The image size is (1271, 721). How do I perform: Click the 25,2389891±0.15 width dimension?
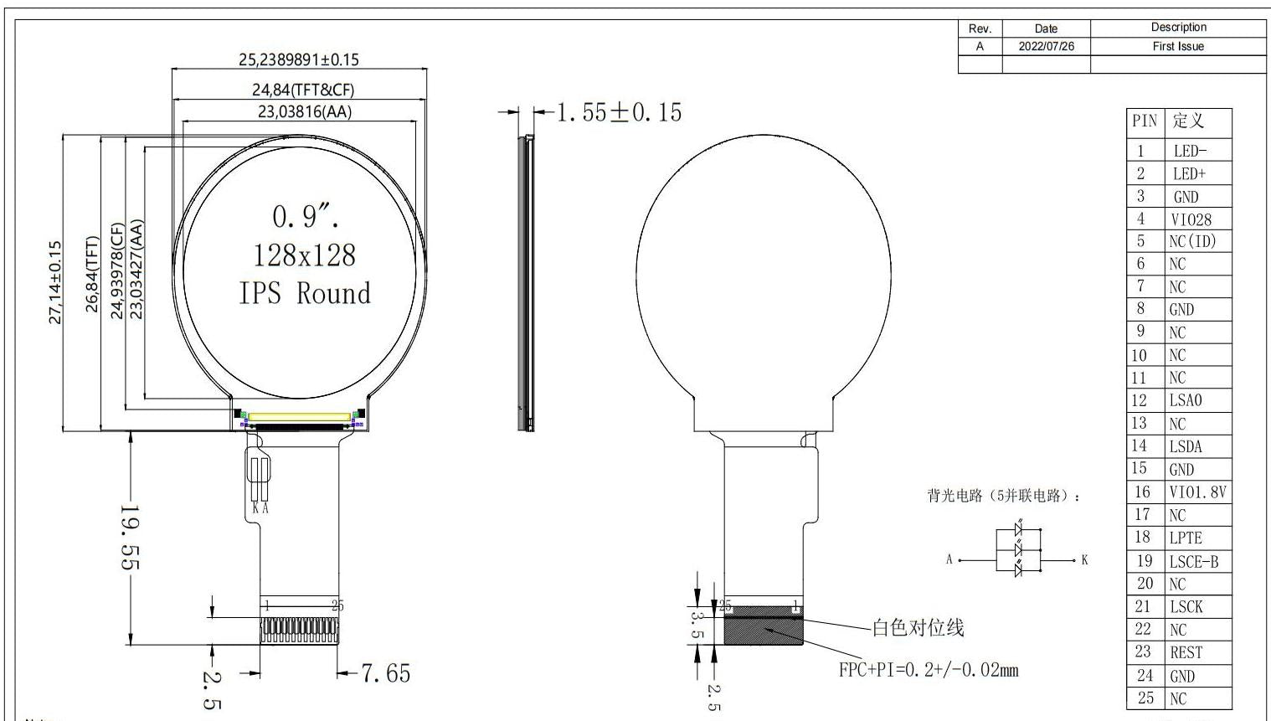[298, 59]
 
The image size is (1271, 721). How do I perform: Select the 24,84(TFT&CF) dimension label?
[303, 90]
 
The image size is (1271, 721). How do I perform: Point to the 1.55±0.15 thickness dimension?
[619, 112]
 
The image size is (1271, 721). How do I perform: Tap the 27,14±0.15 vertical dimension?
[55, 282]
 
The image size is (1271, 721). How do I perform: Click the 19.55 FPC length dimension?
[131, 537]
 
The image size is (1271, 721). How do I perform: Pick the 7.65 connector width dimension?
[385, 673]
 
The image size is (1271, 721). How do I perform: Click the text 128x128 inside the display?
[304, 255]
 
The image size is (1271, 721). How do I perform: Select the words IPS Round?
[305, 293]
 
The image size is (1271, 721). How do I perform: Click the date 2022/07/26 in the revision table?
[1047, 47]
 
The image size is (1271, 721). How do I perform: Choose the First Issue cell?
[1178, 47]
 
